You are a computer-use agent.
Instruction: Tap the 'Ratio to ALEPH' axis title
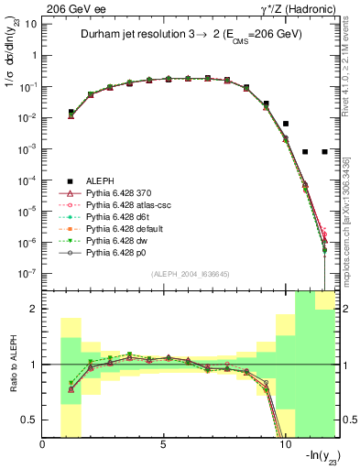(14, 364)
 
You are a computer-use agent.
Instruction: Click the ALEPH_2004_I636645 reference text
(190, 275)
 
